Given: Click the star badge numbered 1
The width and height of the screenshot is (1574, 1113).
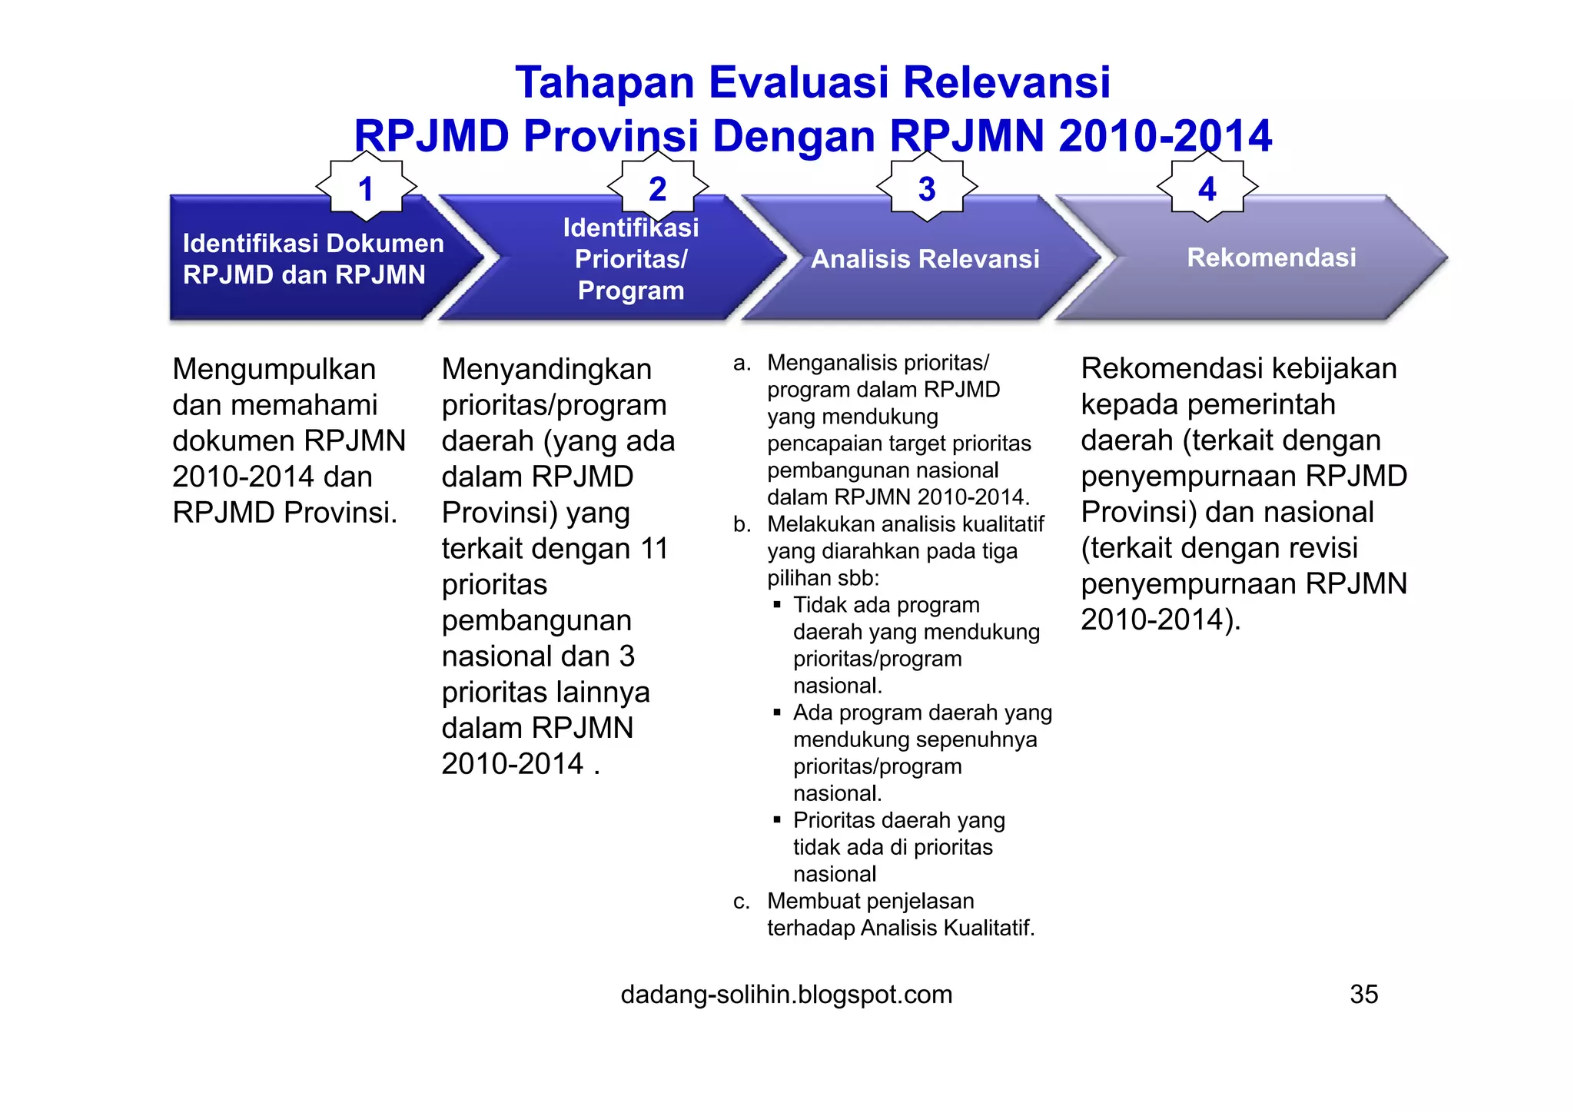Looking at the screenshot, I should pyautogui.click(x=366, y=188).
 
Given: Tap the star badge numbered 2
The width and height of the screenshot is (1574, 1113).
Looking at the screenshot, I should pyautogui.click(x=658, y=188).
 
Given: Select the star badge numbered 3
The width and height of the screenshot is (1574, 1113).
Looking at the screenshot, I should pyautogui.click(x=927, y=188).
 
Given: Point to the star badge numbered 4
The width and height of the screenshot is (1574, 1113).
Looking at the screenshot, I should pyautogui.click(x=1207, y=188).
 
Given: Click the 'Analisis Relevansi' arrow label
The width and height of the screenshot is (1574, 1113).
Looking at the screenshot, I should pyautogui.click(x=925, y=259).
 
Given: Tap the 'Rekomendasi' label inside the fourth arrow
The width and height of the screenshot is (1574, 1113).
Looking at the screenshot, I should pyautogui.click(x=1271, y=257).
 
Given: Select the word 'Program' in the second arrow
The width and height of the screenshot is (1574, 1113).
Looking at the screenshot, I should pyautogui.click(x=631, y=291).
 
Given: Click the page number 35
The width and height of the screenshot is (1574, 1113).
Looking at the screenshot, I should pyautogui.click(x=1363, y=995).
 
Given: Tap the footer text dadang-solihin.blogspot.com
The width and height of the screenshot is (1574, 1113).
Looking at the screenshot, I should pyautogui.click(x=786, y=995).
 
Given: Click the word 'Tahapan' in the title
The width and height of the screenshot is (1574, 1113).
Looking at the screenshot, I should pyautogui.click(x=604, y=82).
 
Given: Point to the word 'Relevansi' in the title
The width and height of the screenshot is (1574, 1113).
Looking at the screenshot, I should pyautogui.click(x=1006, y=82).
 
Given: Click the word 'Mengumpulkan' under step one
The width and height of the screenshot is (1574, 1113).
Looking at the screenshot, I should pyautogui.click(x=274, y=370).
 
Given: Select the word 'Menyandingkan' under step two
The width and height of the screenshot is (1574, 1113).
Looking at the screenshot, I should pyautogui.click(x=546, y=370).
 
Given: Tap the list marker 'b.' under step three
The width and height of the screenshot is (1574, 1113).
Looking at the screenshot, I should pyautogui.click(x=742, y=525).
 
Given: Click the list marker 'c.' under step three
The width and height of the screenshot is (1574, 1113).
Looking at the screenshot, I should pyautogui.click(x=742, y=902).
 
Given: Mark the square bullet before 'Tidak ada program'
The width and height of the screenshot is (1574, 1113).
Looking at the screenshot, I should pyautogui.click(x=777, y=606).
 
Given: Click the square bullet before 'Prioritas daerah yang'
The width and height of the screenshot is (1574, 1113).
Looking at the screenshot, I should pyautogui.click(x=777, y=821).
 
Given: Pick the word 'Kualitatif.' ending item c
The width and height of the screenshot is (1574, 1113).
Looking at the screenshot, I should pyautogui.click(x=988, y=929).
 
